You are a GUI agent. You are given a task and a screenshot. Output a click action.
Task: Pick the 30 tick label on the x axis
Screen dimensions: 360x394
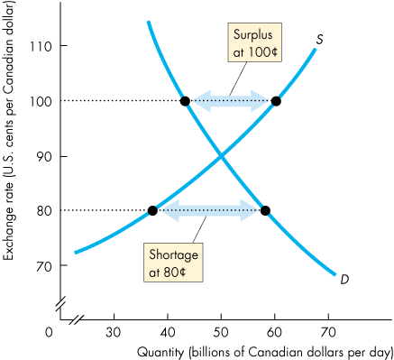(114, 331)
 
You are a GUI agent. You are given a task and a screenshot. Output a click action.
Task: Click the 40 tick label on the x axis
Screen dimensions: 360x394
(168, 331)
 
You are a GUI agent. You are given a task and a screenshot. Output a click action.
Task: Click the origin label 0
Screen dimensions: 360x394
(50, 331)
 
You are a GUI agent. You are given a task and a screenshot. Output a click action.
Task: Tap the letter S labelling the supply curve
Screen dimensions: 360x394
(320, 40)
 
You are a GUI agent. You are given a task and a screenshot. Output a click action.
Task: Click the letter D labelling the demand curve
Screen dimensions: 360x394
(344, 280)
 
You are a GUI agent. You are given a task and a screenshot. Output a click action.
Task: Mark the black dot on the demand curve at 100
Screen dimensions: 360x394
(185, 100)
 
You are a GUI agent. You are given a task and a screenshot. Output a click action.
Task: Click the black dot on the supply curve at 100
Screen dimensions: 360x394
(276, 100)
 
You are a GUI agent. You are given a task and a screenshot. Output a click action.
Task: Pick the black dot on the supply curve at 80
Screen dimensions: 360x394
(152, 210)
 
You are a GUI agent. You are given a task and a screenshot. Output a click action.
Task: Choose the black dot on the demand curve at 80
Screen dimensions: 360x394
(265, 210)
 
